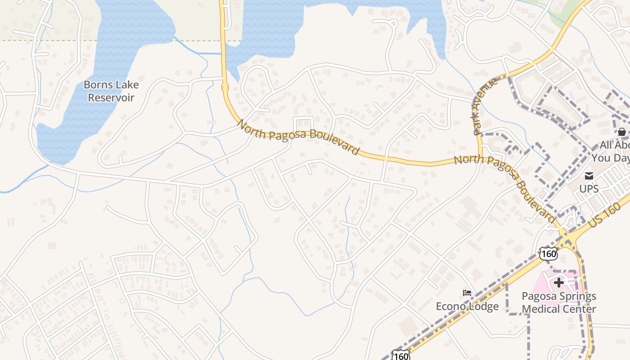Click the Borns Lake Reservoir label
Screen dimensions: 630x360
click(111, 91)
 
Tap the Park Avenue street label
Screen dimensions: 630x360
click(485, 106)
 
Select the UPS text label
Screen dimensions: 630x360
click(589, 189)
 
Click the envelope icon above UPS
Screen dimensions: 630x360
click(589, 176)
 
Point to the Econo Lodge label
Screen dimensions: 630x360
click(467, 306)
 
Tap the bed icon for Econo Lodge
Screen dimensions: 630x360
click(467, 293)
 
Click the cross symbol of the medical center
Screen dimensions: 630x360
click(559, 283)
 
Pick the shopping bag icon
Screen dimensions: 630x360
click(621, 132)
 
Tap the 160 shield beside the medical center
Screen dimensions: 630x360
click(549, 254)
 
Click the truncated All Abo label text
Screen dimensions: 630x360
click(615, 145)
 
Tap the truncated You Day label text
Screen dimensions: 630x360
click(610, 158)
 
